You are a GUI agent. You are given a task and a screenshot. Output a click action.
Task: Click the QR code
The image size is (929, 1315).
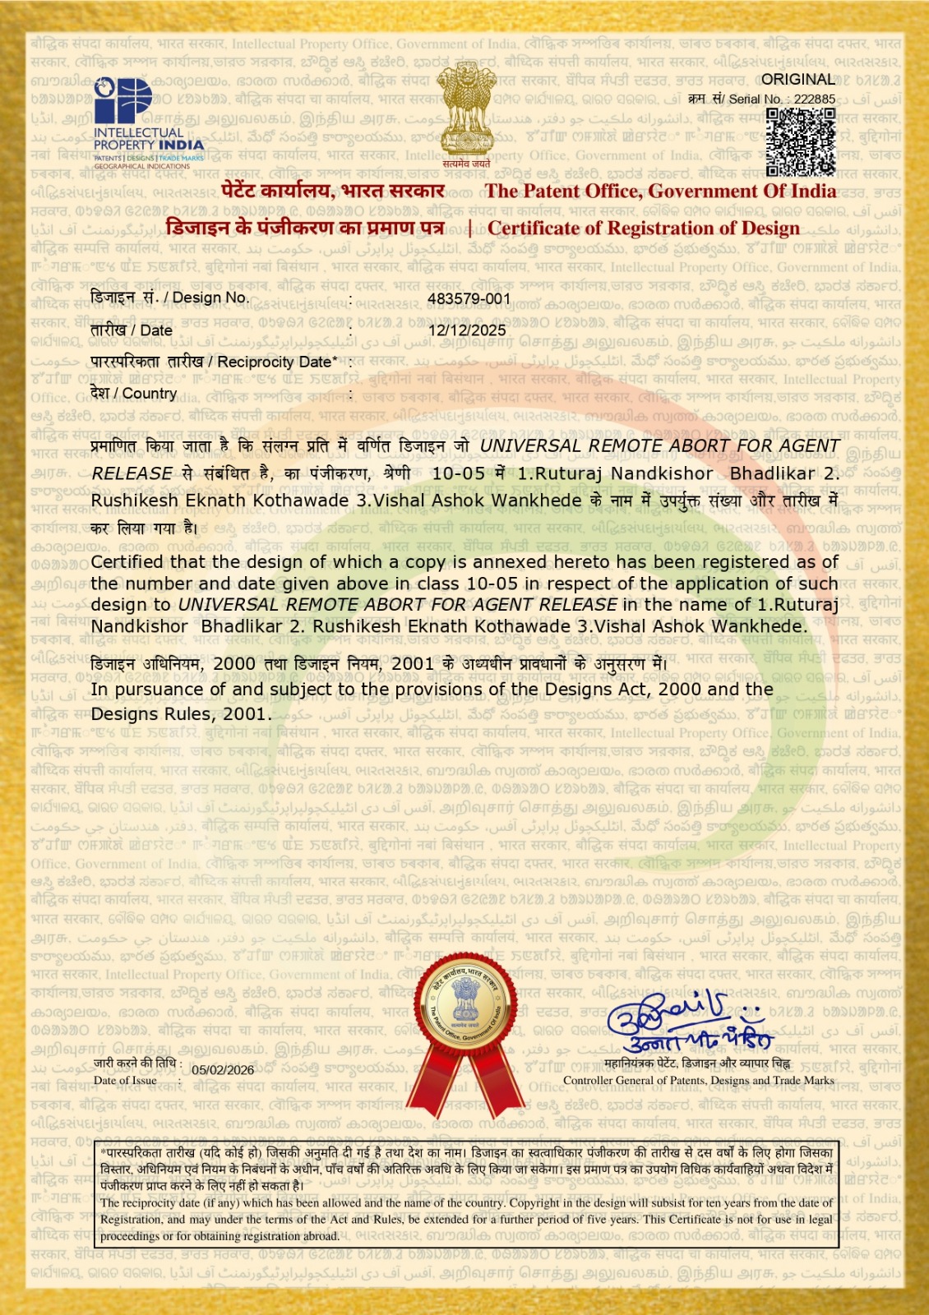800,142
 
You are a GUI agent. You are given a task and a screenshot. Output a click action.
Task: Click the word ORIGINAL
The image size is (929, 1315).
797,80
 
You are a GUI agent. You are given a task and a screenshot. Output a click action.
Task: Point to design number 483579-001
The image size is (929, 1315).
469,299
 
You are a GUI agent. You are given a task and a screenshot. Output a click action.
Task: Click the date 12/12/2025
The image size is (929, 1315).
467,330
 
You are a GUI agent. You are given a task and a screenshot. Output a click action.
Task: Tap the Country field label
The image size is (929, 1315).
134,394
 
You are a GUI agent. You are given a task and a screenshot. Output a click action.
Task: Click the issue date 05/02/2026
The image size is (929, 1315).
223,1069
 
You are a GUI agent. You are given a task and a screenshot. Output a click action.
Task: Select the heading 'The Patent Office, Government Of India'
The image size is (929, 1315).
660,191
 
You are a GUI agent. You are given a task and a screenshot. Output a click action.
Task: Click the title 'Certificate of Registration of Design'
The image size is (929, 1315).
643,228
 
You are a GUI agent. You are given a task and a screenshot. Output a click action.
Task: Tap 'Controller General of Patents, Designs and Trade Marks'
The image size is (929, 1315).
698,1081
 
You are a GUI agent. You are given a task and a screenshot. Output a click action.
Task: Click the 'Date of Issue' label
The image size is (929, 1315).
125,1081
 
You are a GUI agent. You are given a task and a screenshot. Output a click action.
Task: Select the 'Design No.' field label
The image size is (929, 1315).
169,298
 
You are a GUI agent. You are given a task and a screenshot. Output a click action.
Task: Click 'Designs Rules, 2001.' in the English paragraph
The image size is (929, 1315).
181,714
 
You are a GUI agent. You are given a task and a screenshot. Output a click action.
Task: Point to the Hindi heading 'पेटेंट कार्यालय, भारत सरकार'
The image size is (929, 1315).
333,191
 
